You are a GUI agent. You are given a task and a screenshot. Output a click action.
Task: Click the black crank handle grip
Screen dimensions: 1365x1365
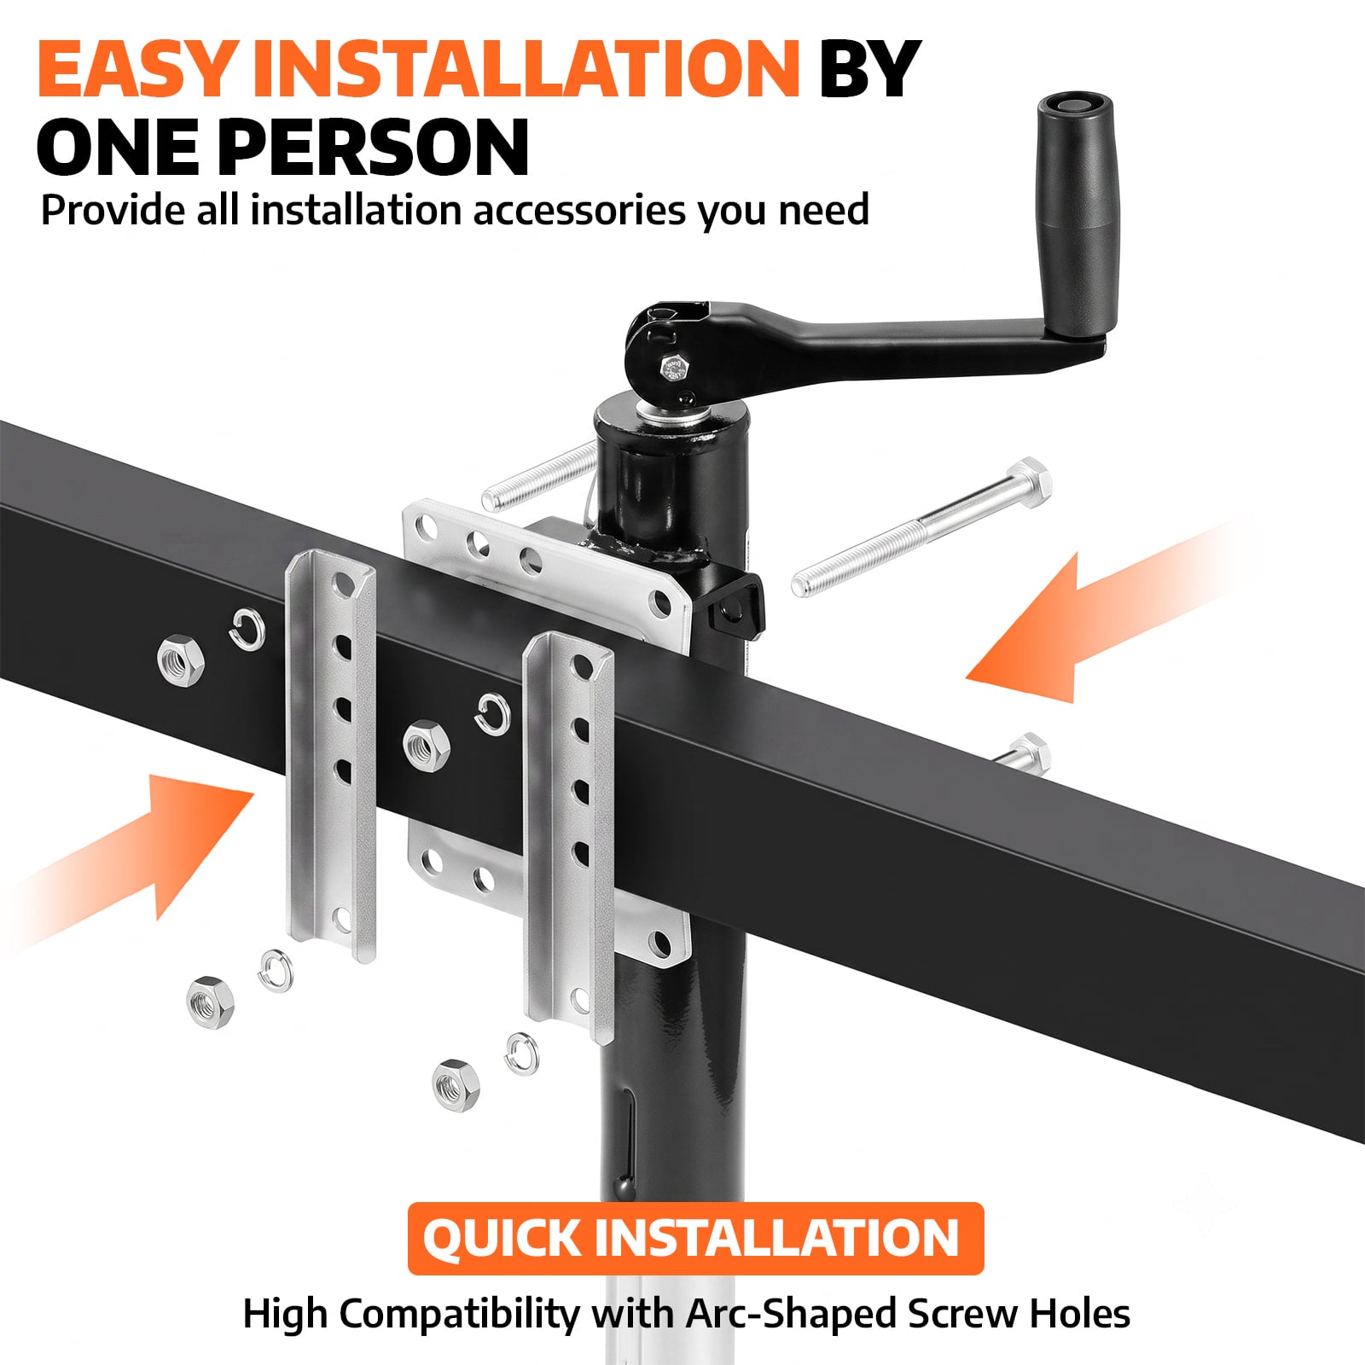pos(1079,218)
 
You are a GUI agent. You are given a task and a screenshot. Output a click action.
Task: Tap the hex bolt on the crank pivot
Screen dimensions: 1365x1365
pos(674,368)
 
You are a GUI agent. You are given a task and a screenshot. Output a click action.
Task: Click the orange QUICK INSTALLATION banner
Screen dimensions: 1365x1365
pos(695,1238)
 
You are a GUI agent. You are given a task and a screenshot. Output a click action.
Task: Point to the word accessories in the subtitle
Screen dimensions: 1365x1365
pos(578,210)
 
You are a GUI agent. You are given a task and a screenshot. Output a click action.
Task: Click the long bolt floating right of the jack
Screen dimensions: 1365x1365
pos(921,526)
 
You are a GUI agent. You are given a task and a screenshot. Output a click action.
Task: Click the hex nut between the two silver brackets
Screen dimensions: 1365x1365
pos(427,744)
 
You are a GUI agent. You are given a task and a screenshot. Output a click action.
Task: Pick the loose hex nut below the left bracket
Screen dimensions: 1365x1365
pos(210,1001)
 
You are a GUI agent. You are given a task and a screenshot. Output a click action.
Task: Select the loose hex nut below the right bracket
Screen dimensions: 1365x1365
pos(456,1084)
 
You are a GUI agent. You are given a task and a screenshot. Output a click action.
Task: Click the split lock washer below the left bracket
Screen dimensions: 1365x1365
pos(275,970)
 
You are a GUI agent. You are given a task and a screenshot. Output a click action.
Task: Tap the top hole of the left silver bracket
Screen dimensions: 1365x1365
pos(343,584)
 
